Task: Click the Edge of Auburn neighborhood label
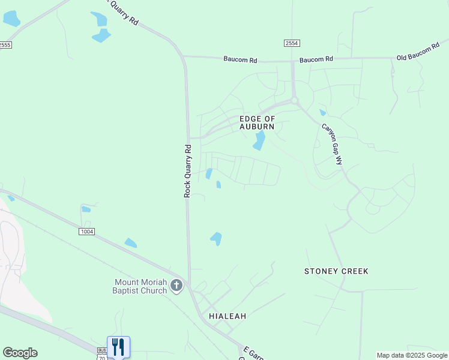pyautogui.click(x=257, y=123)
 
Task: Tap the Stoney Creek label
pyautogui.click(x=336, y=271)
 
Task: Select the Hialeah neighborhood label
pyautogui.click(x=228, y=316)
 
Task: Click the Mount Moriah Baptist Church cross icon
pyautogui.click(x=176, y=286)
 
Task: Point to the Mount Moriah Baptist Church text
pyautogui.click(x=140, y=286)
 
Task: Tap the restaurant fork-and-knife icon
pyautogui.click(x=118, y=346)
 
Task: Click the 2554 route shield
pyautogui.click(x=292, y=43)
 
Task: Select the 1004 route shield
pyautogui.click(x=86, y=231)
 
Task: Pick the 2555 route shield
pyautogui.click(x=5, y=45)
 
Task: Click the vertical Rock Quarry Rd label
pyautogui.click(x=187, y=171)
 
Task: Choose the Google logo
pyautogui.click(x=20, y=353)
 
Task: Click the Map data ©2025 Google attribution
pyautogui.click(x=412, y=355)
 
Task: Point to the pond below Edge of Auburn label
pyautogui.click(x=259, y=141)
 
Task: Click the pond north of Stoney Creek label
pyautogui.click(x=216, y=238)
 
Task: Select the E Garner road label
pyautogui.click(x=253, y=354)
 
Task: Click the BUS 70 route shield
pyautogui.click(x=101, y=353)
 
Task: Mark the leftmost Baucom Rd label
pyautogui.click(x=240, y=60)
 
